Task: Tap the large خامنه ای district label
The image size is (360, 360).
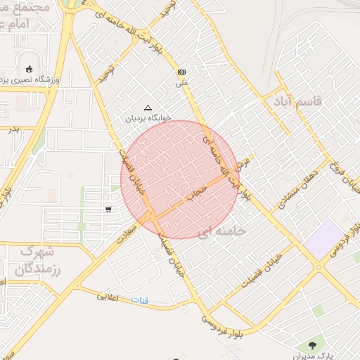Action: [x=221, y=231]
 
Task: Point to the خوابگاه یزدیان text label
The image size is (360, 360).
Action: [x=148, y=119]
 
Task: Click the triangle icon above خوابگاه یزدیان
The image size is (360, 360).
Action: [x=148, y=108]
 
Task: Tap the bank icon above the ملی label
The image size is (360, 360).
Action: [x=181, y=72]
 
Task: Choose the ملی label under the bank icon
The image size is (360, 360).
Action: [x=181, y=83]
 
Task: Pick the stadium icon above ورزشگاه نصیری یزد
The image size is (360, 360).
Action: [x=29, y=69]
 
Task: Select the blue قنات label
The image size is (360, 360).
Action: [x=140, y=300]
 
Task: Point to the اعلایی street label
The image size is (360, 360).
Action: [x=108, y=296]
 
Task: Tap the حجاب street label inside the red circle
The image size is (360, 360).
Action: [x=198, y=191]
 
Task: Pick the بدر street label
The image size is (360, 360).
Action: [x=13, y=130]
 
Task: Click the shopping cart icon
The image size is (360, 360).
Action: [x=108, y=209]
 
